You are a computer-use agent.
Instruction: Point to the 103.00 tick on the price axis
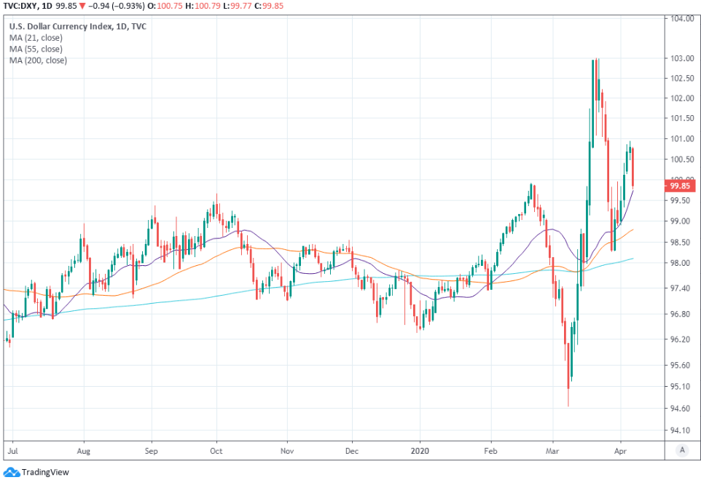coord(681,58)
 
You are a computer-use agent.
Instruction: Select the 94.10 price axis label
coord(681,429)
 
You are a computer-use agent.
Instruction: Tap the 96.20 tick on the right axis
coord(681,339)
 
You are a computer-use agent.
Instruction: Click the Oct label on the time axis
coord(216,452)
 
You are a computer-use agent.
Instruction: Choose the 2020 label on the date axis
coord(420,452)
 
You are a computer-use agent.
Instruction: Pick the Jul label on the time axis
coord(12,452)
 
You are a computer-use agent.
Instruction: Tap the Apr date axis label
coord(620,452)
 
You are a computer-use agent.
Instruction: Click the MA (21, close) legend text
coord(37,38)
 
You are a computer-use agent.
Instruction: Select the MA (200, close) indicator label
coord(39,60)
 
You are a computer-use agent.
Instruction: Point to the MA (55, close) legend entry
coord(37,49)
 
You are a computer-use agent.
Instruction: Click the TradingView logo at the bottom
coord(36,472)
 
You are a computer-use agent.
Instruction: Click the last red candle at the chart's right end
coord(633,167)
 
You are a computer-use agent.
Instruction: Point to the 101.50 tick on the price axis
coord(681,118)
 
